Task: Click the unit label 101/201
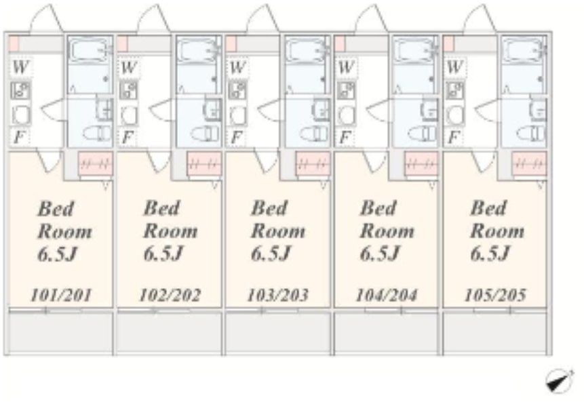pos(61,296)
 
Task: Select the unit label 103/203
pos(278,295)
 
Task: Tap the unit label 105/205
pos(495,295)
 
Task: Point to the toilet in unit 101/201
pos(97,133)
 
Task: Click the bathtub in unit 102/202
pos(197,50)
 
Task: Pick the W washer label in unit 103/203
pos(237,67)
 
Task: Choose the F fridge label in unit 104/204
pos(345,138)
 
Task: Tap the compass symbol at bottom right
pos(560,380)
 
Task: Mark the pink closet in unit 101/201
pos(96,163)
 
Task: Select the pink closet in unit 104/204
pos(421,163)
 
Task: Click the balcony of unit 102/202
pos(169,332)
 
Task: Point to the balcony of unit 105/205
pos(495,332)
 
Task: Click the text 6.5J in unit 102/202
pos(163,254)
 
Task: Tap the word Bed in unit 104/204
pos(377,208)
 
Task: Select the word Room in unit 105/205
pos(497,231)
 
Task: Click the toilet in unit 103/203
pos(315,133)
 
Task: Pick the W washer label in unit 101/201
pos(20,67)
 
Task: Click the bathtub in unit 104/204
pos(414,50)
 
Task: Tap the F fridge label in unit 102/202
pos(127,138)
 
